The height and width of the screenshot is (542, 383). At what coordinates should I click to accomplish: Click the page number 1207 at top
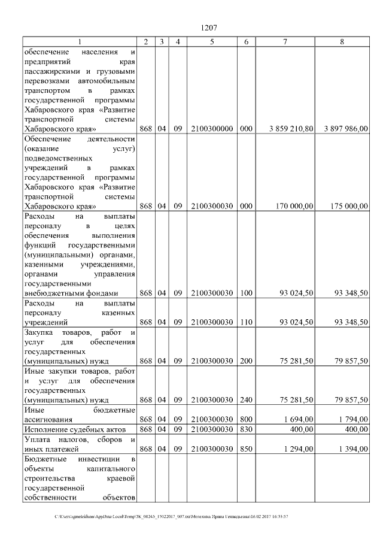[x=208, y=28]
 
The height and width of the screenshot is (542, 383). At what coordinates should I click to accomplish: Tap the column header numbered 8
[x=342, y=41]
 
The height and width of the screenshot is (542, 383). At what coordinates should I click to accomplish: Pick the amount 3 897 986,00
[x=346, y=129]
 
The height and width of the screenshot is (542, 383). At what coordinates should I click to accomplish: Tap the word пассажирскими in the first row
[x=50, y=71]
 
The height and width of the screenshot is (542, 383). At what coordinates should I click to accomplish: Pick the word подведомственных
[x=58, y=158]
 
